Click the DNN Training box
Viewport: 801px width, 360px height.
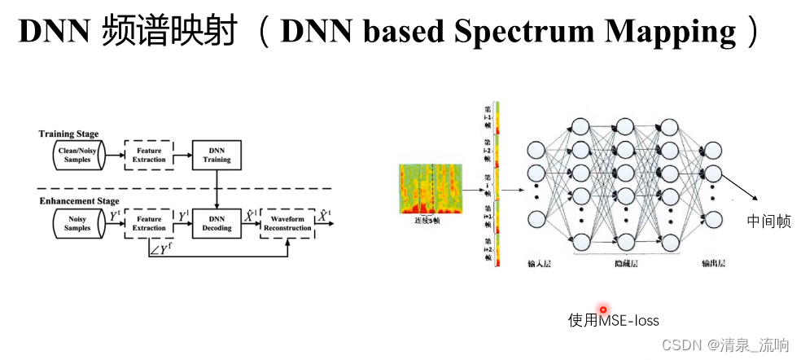[x=217, y=155]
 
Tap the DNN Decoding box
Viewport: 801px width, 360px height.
[x=217, y=222]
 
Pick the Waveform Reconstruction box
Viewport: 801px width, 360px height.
[x=287, y=222]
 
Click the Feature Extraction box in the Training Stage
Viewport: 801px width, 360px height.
[x=149, y=155]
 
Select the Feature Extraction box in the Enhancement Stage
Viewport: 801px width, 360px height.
[x=149, y=222]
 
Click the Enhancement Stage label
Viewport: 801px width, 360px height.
[x=79, y=200]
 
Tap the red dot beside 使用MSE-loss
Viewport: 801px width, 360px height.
[x=603, y=309]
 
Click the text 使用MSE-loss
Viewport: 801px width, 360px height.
[x=613, y=320]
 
